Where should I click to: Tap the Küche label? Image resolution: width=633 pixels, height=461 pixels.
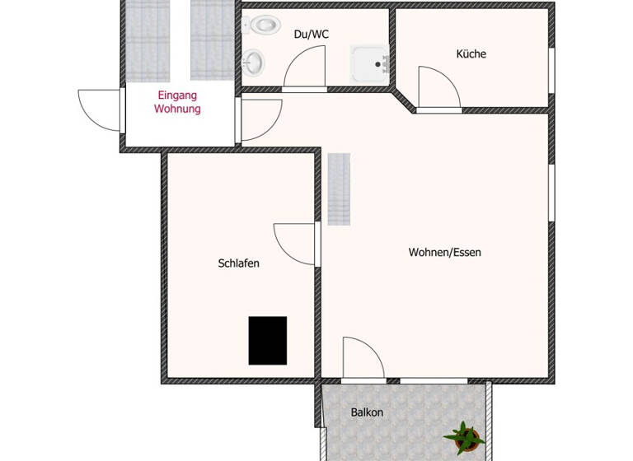coord(471,54)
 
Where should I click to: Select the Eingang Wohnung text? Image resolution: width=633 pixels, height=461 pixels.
coord(178,102)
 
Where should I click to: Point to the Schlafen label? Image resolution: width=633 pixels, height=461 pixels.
coord(239,263)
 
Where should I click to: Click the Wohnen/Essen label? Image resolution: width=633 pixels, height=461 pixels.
coord(444,252)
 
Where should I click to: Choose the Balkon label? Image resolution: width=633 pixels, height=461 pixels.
coord(367,412)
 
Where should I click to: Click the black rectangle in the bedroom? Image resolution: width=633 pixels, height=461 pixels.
coord(268,340)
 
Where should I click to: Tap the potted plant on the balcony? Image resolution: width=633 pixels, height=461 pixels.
coord(463,433)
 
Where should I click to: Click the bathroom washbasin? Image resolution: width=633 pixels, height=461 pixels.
coord(254,60)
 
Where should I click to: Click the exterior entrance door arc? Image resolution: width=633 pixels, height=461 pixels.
coord(99,110)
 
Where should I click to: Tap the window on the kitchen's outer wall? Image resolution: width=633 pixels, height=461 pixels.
coord(551,72)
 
